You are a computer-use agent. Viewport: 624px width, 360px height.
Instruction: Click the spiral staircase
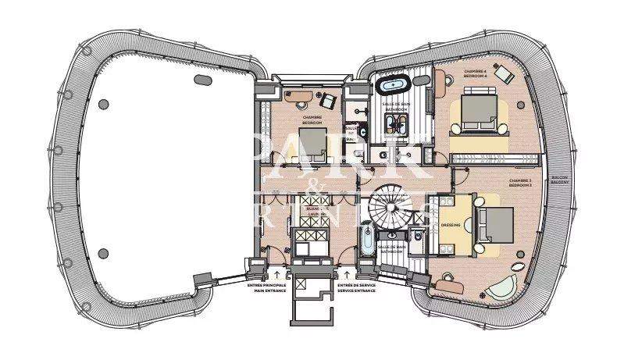coord(390,207)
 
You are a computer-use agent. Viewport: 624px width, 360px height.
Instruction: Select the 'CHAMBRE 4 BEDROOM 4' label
coord(475,73)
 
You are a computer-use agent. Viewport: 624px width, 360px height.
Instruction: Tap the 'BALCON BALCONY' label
coord(559,179)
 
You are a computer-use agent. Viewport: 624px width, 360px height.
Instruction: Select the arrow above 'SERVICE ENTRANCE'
coord(344,276)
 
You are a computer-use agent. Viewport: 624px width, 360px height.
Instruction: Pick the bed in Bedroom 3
coord(494,225)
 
